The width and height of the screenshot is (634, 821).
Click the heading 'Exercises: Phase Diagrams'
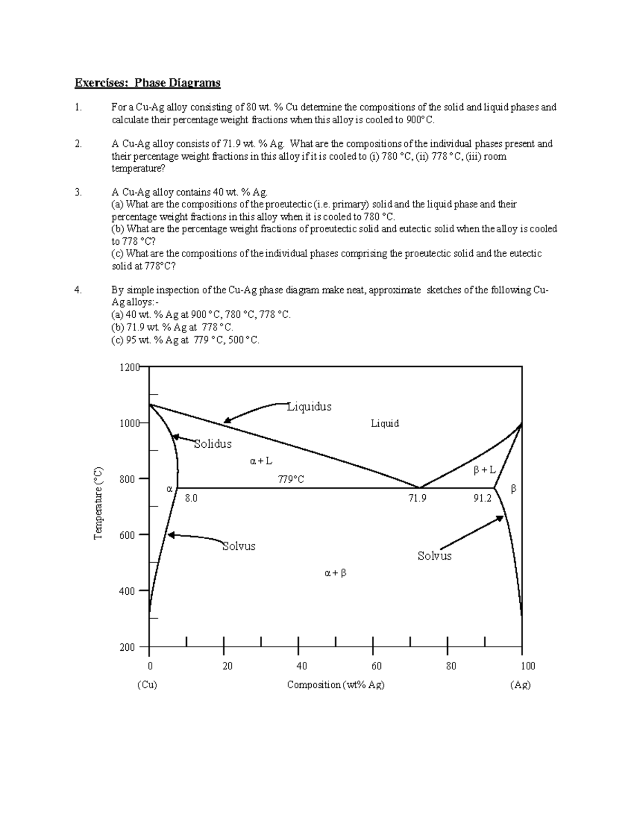147,82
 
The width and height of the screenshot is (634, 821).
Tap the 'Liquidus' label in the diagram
309,407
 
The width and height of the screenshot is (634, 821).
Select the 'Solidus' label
212,444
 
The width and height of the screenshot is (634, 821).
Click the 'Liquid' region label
385,423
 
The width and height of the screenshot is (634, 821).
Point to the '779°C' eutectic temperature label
291,479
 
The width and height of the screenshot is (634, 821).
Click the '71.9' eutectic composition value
417,499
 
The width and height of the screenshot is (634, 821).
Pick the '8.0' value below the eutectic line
191,499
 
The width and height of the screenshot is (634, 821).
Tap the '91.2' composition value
482,499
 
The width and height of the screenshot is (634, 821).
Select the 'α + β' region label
335,573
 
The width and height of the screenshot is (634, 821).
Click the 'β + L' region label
484,469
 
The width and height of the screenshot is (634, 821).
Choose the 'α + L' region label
261,461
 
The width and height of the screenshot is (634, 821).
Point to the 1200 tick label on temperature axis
129,367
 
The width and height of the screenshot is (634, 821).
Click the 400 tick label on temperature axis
127,591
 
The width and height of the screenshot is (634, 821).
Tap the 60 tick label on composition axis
376,666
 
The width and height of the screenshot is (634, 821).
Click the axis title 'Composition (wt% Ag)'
335,685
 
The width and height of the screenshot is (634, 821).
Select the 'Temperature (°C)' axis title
98,503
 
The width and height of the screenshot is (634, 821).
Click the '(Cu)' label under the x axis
147,685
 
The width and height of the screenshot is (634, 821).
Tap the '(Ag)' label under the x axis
520,685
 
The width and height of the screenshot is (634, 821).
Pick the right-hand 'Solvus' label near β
434,556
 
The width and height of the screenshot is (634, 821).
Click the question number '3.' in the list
78,192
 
